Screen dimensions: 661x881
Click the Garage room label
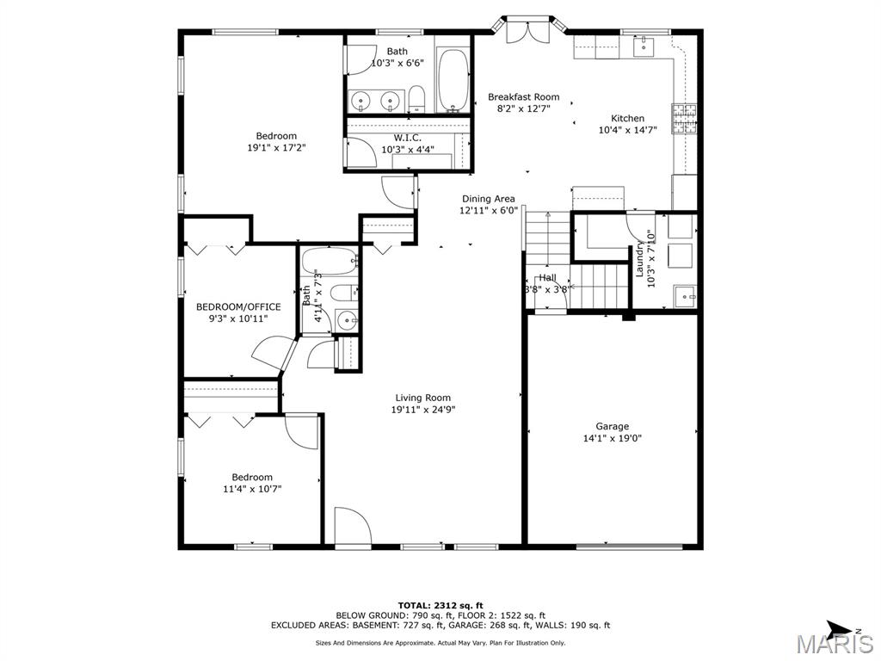point(612,426)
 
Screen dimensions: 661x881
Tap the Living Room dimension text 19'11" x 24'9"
point(422,410)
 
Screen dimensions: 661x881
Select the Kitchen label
point(627,119)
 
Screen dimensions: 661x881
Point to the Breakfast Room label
point(523,97)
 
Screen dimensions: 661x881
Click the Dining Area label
point(488,199)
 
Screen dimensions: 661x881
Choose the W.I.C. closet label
point(407,138)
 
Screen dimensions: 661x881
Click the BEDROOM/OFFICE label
point(238,306)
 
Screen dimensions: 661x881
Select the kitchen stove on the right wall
point(685,120)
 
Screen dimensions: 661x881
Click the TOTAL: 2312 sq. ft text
point(440,605)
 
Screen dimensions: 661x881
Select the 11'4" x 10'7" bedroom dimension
point(251,489)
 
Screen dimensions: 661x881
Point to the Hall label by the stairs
point(547,278)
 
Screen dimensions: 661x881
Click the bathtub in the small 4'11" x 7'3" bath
point(330,259)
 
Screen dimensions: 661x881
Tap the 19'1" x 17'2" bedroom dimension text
point(276,147)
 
